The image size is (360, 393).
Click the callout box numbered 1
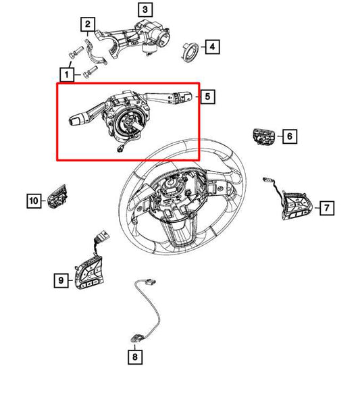68,72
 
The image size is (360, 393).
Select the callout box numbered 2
87,26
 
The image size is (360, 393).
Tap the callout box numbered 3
146,9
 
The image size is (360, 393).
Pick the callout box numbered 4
212,47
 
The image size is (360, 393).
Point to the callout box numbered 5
208,97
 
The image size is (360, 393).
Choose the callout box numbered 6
288,137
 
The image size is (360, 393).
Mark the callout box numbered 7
326,207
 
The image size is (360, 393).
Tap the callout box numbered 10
33,201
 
